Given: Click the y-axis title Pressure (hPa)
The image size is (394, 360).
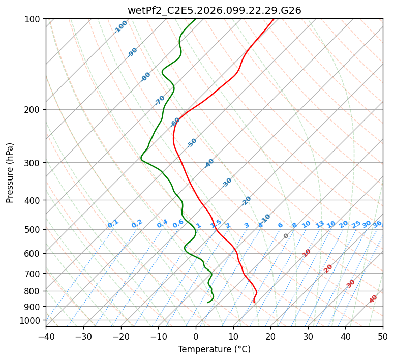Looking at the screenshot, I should click(10, 172).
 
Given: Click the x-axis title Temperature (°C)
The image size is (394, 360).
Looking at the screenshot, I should click(214, 349).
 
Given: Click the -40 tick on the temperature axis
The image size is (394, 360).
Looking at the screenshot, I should click(46, 336).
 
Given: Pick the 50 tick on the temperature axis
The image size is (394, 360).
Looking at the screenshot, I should click(383, 336).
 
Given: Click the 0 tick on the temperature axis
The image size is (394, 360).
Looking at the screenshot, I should click(196, 336).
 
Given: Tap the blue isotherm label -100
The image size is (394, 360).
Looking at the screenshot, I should click(120, 26).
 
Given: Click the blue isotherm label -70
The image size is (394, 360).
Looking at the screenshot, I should click(160, 100).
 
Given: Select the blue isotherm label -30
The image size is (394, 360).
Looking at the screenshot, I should click(227, 182).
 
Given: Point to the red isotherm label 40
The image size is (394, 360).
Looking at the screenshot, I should click(373, 299).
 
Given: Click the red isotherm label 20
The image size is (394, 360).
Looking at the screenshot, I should click(328, 268).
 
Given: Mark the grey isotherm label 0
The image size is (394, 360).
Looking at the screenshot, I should click(286, 236).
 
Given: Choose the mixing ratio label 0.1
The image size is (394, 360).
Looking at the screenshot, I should click(113, 223).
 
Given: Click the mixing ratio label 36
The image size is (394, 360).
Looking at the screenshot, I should click(377, 224).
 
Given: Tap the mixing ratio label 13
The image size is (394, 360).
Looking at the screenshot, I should click(320, 224).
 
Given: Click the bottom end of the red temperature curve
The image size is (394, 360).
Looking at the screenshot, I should click(254, 303).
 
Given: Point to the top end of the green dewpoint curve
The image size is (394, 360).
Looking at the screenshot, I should click(196, 19).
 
